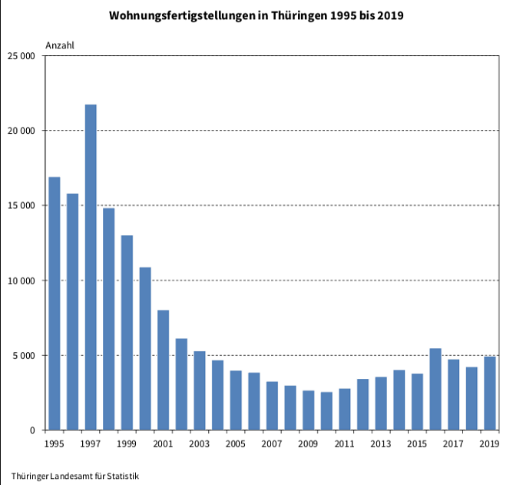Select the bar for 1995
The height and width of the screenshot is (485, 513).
coord(55,303)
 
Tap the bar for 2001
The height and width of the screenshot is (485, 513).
coord(163,370)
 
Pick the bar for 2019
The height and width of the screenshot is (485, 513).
coord(489,393)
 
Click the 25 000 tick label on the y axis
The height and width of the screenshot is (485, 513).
coord(22,56)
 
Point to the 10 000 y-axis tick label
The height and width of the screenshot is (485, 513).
coord(22,281)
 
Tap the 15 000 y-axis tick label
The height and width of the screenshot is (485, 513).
coord(22,206)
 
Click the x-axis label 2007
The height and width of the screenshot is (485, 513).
coord(271,444)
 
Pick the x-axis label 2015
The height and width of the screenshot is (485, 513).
coord(417,444)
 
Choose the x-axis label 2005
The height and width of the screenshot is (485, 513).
coord(235,444)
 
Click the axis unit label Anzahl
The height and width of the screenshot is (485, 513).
coord(60,45)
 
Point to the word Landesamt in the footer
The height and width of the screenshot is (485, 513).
coord(71,477)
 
